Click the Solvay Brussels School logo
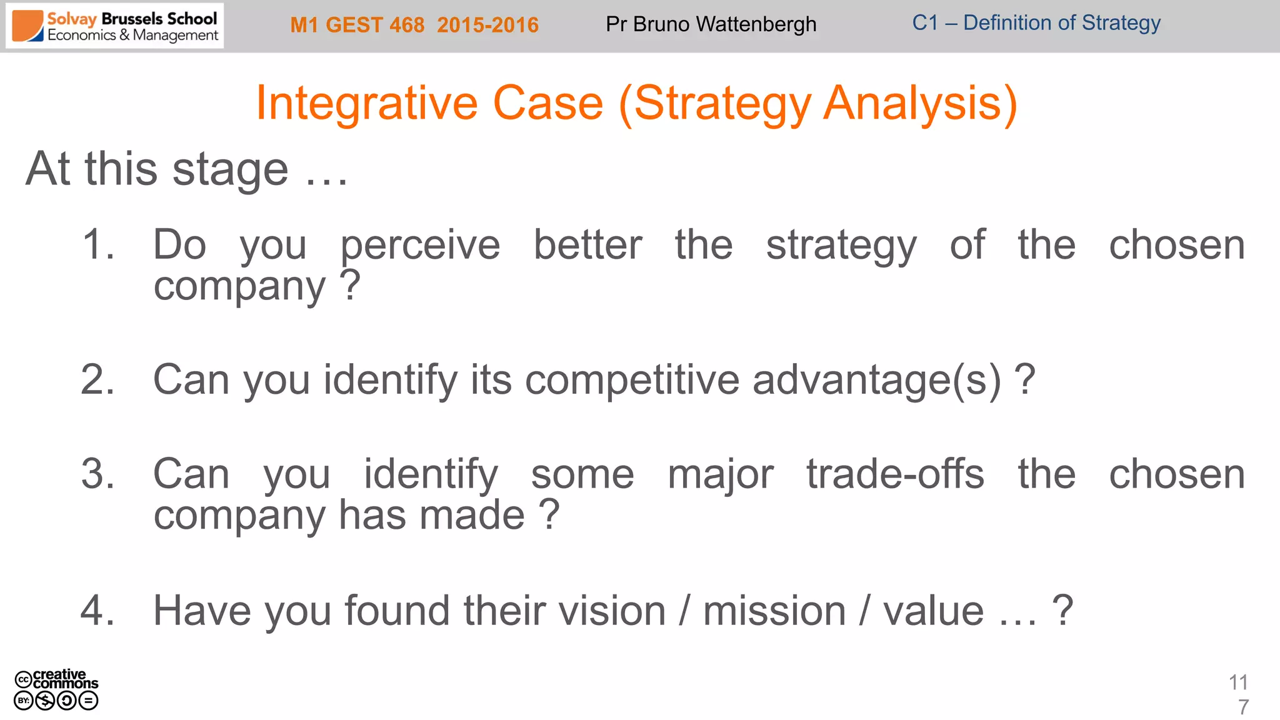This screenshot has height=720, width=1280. pyautogui.click(x=115, y=26)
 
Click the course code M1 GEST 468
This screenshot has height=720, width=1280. pyautogui.click(x=357, y=25)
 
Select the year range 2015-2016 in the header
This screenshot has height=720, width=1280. pyautogui.click(x=487, y=25)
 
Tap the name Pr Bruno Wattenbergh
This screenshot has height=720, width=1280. pyautogui.click(x=711, y=24)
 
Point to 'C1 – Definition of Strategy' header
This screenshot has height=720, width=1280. pyautogui.click(x=1036, y=23)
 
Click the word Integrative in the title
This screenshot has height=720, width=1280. pyautogui.click(x=367, y=103)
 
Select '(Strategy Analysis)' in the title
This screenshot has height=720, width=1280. pyautogui.click(x=817, y=103)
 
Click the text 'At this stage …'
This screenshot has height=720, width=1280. pyautogui.click(x=186, y=169)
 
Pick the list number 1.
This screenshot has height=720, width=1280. pyautogui.click(x=98, y=244)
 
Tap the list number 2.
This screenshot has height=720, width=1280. pyautogui.click(x=98, y=379)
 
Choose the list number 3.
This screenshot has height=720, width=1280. pyautogui.click(x=98, y=474)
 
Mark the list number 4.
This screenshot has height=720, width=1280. pyautogui.click(x=98, y=610)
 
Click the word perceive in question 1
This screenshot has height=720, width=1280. pyautogui.click(x=420, y=245)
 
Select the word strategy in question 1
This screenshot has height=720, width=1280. pyautogui.click(x=841, y=245)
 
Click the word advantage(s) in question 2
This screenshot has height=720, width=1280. pyautogui.click(x=877, y=379)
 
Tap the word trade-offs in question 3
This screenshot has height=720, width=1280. pyautogui.click(x=895, y=474)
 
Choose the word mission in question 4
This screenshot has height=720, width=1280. pyautogui.click(x=774, y=610)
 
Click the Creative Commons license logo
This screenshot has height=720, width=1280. pyautogui.click(x=56, y=690)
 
